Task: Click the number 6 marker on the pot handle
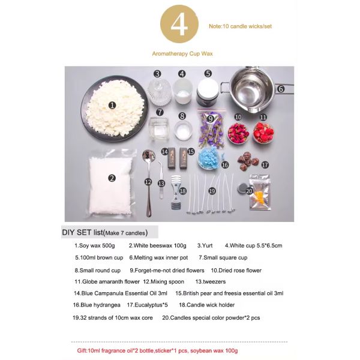click(281, 89)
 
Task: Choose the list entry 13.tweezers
click(210, 281)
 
